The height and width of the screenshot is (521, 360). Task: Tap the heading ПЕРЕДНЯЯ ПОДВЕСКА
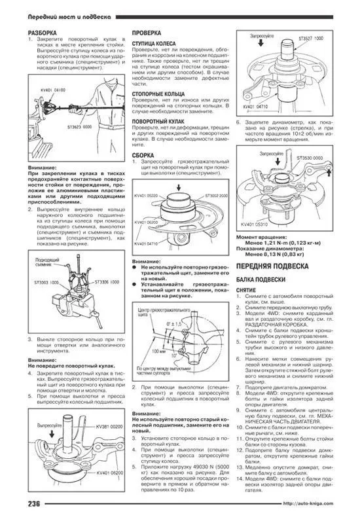(x=272, y=267)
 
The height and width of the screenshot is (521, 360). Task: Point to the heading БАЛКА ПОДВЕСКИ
(x=258, y=280)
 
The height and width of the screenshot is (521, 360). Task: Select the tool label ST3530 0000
(x=311, y=158)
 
